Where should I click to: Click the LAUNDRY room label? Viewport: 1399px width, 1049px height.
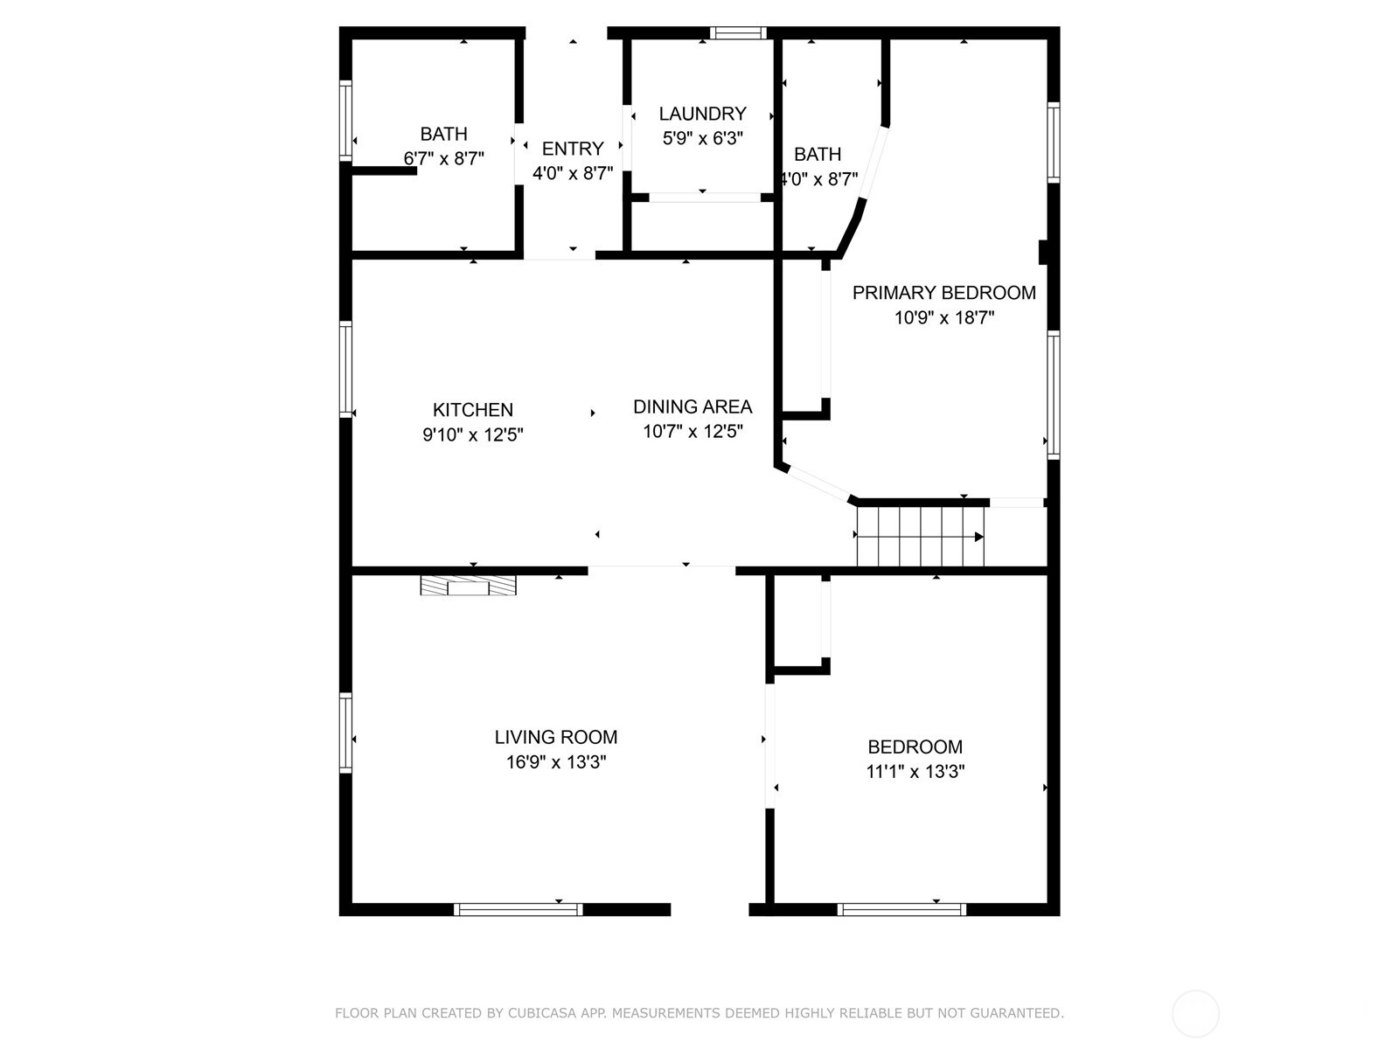click(702, 114)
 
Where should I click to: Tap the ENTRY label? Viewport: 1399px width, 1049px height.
click(573, 149)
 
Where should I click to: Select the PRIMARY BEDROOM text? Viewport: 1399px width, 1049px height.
click(943, 293)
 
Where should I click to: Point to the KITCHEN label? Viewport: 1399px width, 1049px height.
click(472, 410)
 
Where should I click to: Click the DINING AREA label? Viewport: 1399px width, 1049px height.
click(692, 406)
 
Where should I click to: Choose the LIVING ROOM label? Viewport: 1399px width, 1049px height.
click(555, 737)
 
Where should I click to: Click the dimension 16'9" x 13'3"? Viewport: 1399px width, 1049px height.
click(555, 762)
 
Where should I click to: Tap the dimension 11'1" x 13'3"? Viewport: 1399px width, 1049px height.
click(915, 772)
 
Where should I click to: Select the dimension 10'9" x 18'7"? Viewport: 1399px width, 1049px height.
click(943, 318)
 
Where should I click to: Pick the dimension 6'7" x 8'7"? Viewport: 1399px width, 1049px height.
click(443, 159)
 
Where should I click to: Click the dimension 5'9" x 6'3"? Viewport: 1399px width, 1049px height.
click(702, 138)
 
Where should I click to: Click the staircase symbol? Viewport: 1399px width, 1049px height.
click(920, 537)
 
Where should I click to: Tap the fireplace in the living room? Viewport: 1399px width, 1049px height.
click(468, 586)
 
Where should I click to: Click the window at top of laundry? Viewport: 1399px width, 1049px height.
click(738, 33)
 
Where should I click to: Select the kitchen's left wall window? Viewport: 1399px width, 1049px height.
click(345, 369)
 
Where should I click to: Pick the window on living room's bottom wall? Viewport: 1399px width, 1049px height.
click(518, 910)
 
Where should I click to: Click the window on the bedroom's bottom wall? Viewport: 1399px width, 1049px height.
click(901, 910)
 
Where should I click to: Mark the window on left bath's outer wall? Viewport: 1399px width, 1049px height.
click(345, 120)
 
